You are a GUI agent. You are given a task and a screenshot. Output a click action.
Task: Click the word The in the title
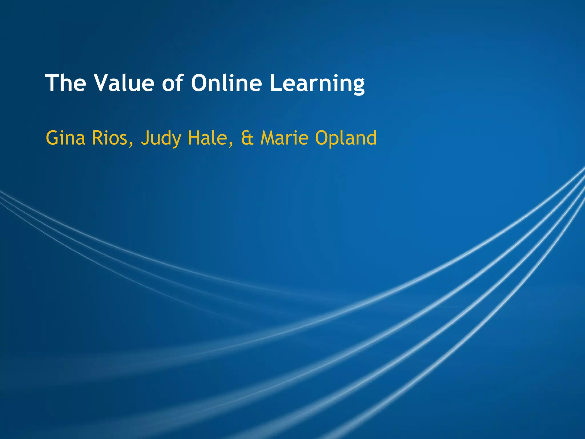coord(66,83)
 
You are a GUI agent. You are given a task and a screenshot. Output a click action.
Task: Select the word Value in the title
coord(124,83)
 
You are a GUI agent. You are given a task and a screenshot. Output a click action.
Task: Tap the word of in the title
coord(173,83)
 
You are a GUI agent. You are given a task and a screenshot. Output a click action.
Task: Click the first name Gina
coord(65,138)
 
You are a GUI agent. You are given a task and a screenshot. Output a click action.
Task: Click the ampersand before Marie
coord(247,138)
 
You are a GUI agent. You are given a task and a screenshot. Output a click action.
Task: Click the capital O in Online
coord(200,83)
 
